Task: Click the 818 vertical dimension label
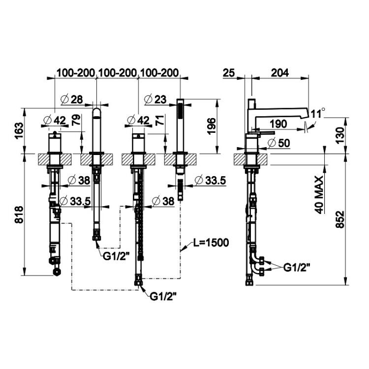coord(19,215)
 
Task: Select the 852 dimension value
coord(340,219)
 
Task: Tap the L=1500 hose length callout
coord(211,243)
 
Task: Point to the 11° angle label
coord(318,113)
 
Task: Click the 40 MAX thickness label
coord(319,195)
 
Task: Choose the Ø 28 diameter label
coord(72,99)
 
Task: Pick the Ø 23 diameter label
coord(155,99)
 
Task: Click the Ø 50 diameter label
coord(279,143)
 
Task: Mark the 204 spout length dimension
coord(280,73)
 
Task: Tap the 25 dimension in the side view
coord(229,73)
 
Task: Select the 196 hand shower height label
coord(212,126)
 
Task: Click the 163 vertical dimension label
coord(19,130)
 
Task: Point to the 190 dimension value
coord(278,124)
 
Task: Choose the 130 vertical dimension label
coord(339,135)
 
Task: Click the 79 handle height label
coord(76,120)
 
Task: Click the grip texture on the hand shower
coord(180,112)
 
